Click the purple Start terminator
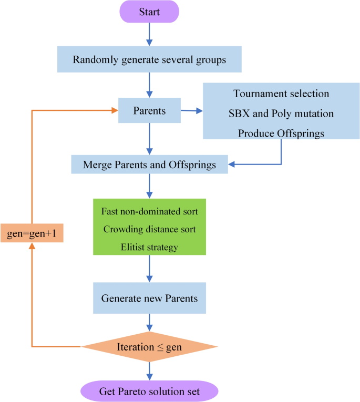(150, 12)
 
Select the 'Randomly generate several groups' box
(150, 59)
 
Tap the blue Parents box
(150, 111)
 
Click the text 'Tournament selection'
(281, 94)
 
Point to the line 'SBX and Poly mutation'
(281, 114)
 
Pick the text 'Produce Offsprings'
(281, 133)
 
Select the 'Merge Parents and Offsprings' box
(150, 165)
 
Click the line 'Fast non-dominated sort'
(150, 212)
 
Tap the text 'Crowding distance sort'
(150, 229)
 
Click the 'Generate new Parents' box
(150, 298)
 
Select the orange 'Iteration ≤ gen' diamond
(150, 347)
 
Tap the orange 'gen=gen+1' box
(32, 232)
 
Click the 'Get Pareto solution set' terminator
(150, 391)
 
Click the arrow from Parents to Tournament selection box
(191, 111)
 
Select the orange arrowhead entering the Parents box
(114, 110)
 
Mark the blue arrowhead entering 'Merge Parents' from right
(233, 164)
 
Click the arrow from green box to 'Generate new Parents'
(150, 269)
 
